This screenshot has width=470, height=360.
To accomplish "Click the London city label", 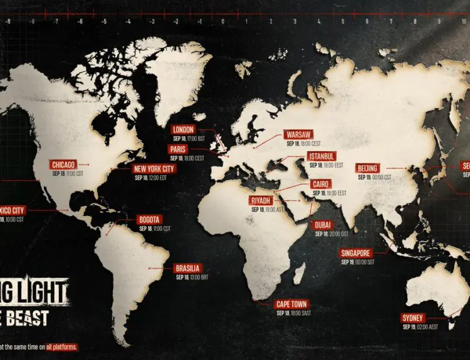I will [x=183, y=130].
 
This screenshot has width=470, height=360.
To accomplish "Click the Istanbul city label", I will [x=321, y=156].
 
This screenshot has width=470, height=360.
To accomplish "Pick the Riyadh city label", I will [x=261, y=200].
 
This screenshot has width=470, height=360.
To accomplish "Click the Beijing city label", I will [x=367, y=168].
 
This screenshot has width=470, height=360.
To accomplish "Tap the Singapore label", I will [x=356, y=253].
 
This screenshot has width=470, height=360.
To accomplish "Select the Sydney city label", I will [x=414, y=318].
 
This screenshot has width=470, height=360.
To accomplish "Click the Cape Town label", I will [x=291, y=304].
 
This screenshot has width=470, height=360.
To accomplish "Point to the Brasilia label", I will [x=188, y=269].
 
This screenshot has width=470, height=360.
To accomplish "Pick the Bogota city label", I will [x=150, y=220].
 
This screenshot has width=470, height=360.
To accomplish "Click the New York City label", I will [x=154, y=168].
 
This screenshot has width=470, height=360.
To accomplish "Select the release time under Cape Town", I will [x=291, y=313].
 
